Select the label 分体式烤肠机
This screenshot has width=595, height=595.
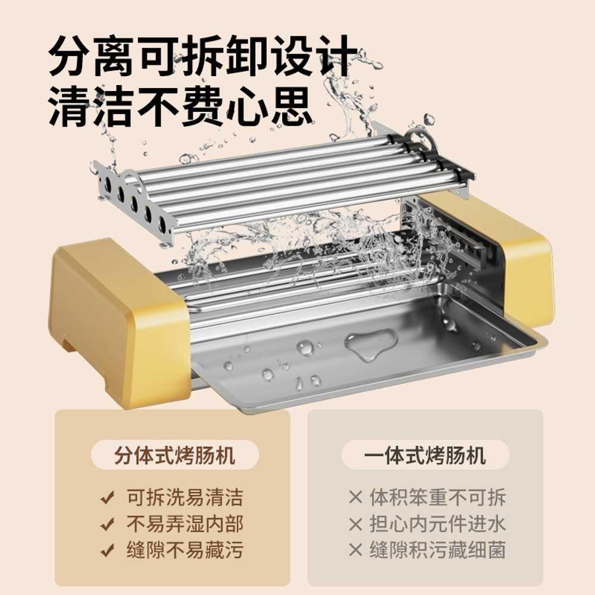click(174, 455)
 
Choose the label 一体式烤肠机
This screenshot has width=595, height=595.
click(425, 455)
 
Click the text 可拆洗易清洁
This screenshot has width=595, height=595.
click(184, 497)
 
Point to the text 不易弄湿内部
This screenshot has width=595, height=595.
click(184, 524)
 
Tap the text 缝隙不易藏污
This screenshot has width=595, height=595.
click(184, 550)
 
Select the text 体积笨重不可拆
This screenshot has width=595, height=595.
click(437, 497)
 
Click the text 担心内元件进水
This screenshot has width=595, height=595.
click(437, 524)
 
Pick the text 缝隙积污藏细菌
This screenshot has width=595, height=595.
click(437, 550)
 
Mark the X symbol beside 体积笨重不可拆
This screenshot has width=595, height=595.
click(356, 497)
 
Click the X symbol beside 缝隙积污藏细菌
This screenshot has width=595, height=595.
click(356, 550)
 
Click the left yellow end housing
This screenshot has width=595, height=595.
click(118, 322)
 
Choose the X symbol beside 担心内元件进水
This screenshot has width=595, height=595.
click(356, 524)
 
